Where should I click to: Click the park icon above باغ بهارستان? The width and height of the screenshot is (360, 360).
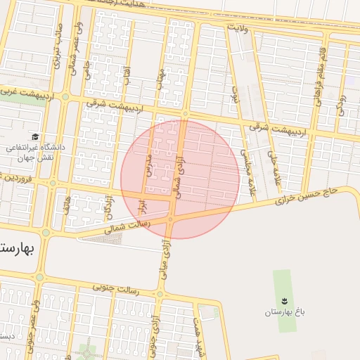pos(283,298)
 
